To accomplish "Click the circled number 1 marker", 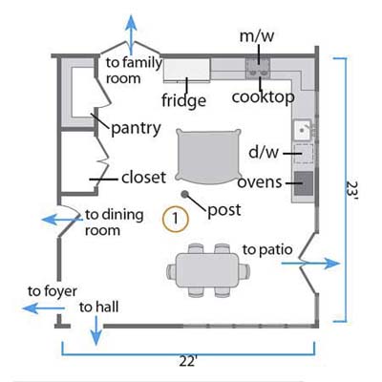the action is [x=176, y=219].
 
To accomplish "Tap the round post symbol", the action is [x=184, y=194].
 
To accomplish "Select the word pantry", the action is [x=136, y=129].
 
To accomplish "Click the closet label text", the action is [x=143, y=178].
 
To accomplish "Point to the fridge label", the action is [x=183, y=101].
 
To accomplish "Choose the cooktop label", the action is [x=264, y=97].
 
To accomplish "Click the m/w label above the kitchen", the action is [x=257, y=36].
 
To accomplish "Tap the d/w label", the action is [x=264, y=152].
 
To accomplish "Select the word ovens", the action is [x=260, y=182].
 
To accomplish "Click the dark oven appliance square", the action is [x=304, y=183].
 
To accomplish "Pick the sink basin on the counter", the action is [x=302, y=130].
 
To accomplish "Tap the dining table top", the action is [x=208, y=270].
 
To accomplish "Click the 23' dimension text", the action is [x=352, y=190].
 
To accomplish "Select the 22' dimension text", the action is [x=188, y=362].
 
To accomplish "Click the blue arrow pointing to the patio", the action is [x=311, y=264].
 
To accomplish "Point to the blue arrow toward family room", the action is [x=131, y=34].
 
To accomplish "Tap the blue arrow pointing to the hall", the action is [x=95, y=330].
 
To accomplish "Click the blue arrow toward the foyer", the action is [x=44, y=308].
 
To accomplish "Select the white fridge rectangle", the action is [x=187, y=70].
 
